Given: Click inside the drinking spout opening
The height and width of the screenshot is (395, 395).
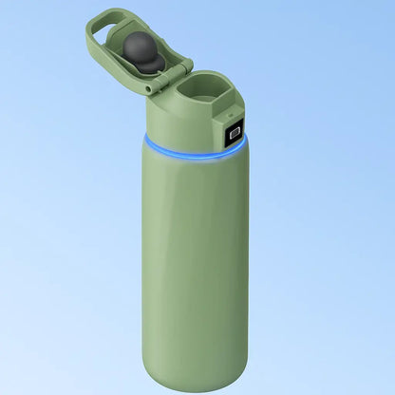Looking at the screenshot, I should point(202,95).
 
